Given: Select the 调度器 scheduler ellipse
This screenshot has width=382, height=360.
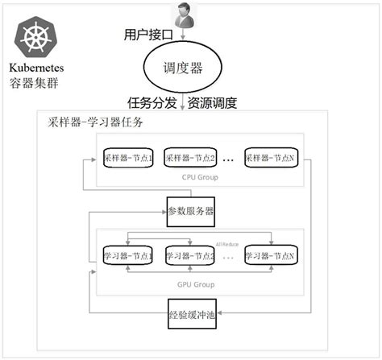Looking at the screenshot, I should point(182,70).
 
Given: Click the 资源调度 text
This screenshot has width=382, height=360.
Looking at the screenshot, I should point(213,103).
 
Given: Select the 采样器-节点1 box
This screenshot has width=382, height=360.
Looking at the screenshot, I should point(128,158).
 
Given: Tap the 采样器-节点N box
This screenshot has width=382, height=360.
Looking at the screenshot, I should point(271,158).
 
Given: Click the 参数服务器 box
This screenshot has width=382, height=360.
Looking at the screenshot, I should point(191,211).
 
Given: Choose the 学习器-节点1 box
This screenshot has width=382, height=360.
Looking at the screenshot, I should point(128,255).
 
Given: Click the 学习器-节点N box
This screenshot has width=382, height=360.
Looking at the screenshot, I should point(271,255).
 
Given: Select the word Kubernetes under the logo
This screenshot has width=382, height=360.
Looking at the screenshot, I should point(37,68).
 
